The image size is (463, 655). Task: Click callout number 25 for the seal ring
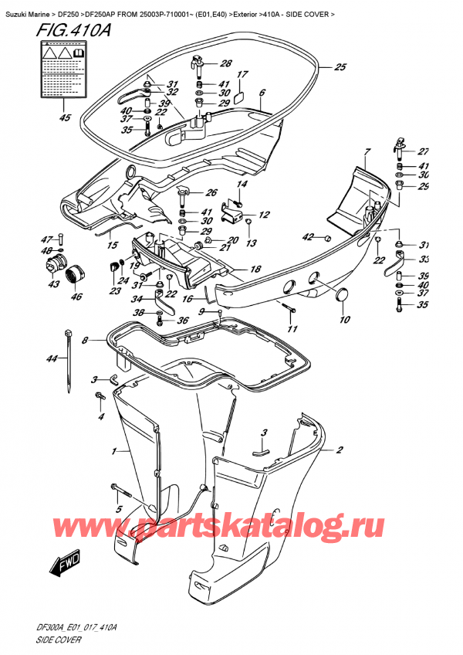(x=340, y=68)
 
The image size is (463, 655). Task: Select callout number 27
(x=422, y=152)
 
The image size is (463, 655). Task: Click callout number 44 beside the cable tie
(x=52, y=359)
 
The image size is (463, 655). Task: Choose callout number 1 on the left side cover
(x=115, y=450)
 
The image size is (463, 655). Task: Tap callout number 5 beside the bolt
(x=118, y=509)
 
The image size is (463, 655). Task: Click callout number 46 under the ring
(x=76, y=296)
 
